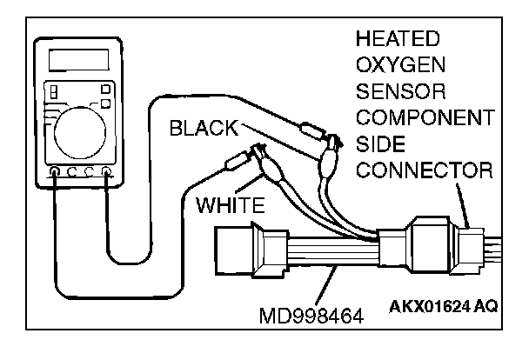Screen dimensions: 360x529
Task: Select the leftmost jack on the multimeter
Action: pyautogui.click(x=55, y=171)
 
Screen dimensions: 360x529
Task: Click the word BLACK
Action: pyautogui.click(x=202, y=129)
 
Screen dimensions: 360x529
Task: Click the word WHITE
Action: pyautogui.click(x=230, y=206)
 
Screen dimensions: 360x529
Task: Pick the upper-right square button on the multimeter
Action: pyautogui.click(x=105, y=87)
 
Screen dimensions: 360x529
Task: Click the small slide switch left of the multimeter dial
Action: pyautogui.click(x=53, y=90)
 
